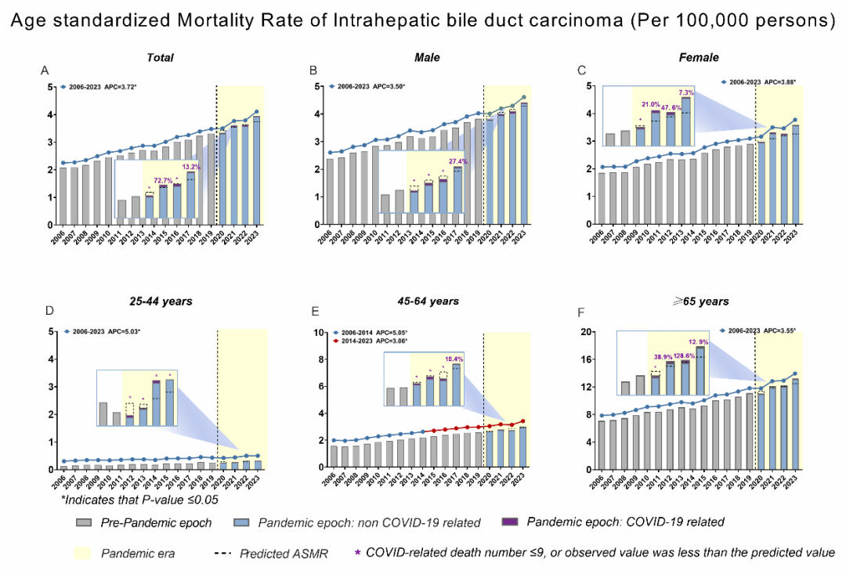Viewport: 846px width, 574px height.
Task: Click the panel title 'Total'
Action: (161, 57)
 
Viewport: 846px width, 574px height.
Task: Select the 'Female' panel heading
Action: (700, 57)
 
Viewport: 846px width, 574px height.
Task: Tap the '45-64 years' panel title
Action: (428, 301)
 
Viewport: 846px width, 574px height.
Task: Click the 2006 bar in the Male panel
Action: (309, 191)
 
